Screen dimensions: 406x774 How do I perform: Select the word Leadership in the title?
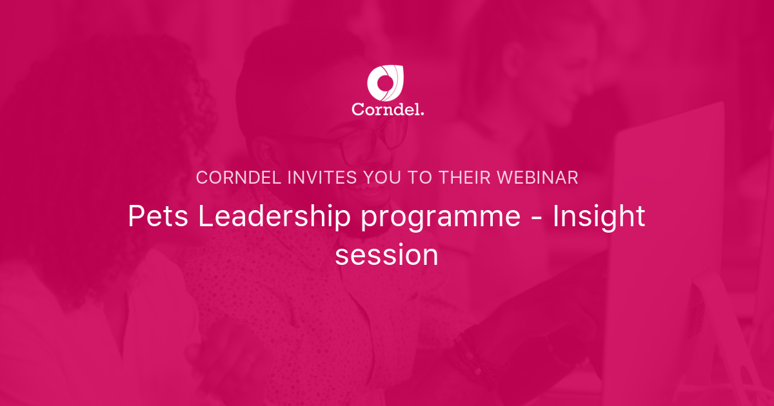coord(273,217)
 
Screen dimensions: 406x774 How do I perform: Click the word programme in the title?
coord(441,218)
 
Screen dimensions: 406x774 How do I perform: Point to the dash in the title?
coord(537,218)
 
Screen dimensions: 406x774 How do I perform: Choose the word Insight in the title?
coord(599,217)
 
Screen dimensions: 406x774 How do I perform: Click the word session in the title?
coord(386,255)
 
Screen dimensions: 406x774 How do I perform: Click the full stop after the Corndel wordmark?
coord(422,113)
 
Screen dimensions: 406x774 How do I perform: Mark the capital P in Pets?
coord(135,217)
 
